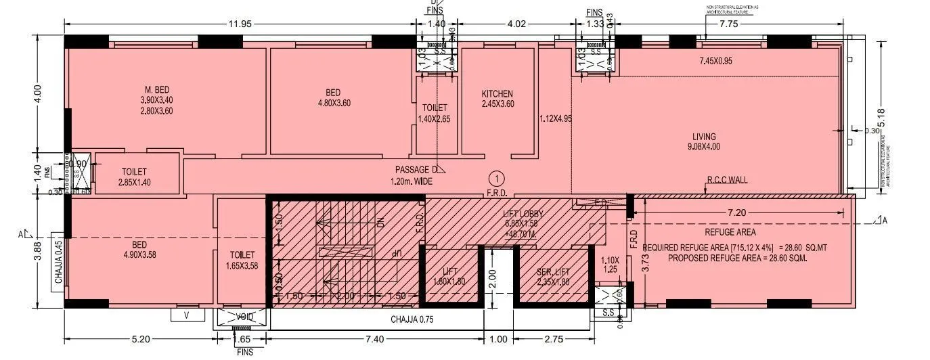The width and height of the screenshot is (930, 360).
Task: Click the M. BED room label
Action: (156, 90)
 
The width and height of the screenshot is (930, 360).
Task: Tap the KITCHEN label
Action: (497, 94)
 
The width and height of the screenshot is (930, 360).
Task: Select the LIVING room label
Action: (704, 136)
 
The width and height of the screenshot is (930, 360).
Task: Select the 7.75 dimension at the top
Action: (729, 24)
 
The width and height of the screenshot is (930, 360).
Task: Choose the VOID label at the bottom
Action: (244, 317)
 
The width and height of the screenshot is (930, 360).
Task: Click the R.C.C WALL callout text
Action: (727, 181)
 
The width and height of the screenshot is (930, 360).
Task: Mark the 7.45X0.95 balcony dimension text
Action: (725, 61)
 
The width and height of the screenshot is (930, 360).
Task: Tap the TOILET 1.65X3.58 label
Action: (242, 260)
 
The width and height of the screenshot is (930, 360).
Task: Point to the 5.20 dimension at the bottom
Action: (140, 339)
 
